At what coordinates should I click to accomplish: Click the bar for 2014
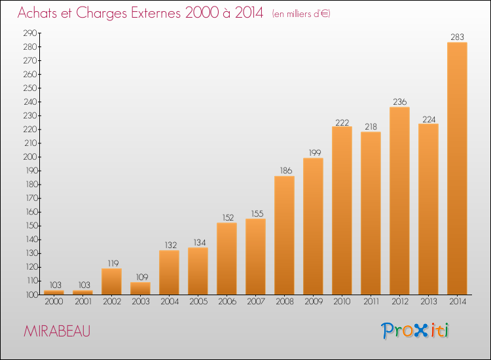[x=457, y=168]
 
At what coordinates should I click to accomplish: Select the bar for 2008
[x=284, y=236]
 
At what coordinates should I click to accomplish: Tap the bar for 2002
[x=111, y=281]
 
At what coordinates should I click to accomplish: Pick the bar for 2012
[x=399, y=201]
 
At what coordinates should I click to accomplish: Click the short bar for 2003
[x=140, y=288]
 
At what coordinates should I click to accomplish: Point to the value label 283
[x=457, y=37]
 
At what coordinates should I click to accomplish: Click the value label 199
[x=315, y=153]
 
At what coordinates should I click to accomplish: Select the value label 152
[x=228, y=217]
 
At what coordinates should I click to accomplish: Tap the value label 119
[x=113, y=263]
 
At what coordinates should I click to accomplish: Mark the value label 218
[x=371, y=127]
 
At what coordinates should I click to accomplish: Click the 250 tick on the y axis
[x=30, y=88]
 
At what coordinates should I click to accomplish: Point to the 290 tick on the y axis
[x=30, y=33]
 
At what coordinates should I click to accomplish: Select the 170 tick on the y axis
[x=31, y=198]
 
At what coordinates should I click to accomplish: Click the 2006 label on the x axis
[x=227, y=302]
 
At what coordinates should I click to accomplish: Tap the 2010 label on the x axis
[x=342, y=302]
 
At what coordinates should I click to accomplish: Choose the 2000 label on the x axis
[x=54, y=302]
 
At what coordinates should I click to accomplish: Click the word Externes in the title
[x=156, y=13]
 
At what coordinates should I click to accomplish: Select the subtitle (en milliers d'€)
[x=301, y=14]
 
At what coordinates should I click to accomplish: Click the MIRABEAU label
[x=57, y=331]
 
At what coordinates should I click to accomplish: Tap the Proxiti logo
[x=415, y=331]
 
